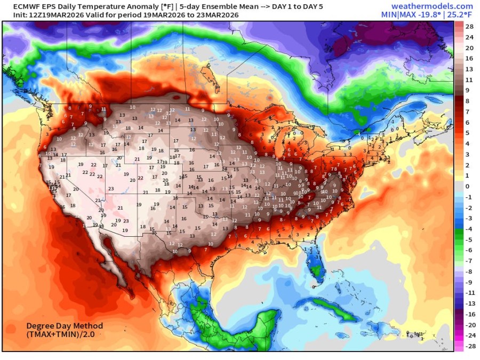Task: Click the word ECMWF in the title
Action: coord(19,5)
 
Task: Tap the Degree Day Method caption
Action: coord(65,326)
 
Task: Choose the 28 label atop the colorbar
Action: coord(469,27)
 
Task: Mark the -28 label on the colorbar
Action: coord(469,346)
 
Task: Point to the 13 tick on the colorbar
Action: coord(469,69)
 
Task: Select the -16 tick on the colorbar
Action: coord(469,314)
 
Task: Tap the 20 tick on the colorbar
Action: coord(469,47)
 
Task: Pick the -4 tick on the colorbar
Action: coord(469,229)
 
